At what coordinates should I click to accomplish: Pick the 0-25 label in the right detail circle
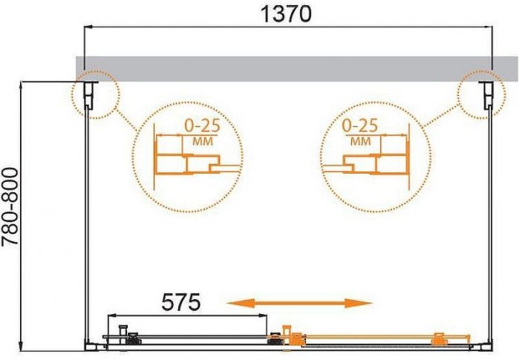tap(360, 124)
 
